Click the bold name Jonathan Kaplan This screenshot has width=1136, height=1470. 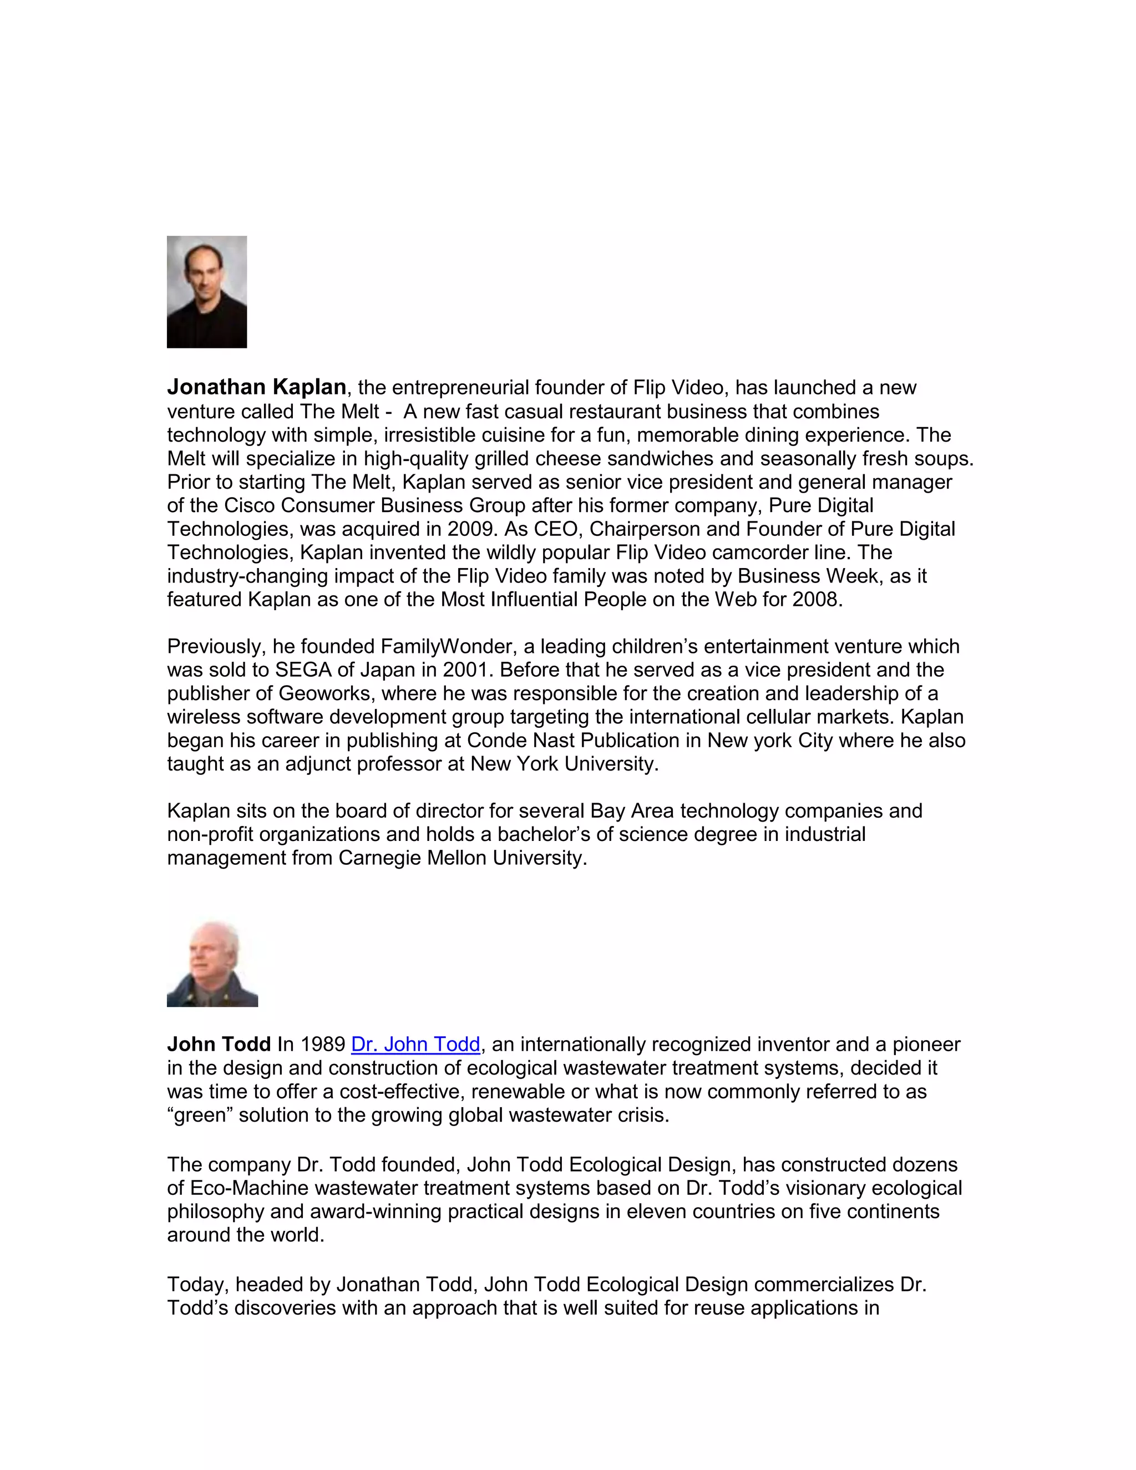[x=256, y=387]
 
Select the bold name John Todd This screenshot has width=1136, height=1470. [x=219, y=1044]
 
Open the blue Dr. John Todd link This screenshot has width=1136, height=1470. [x=415, y=1044]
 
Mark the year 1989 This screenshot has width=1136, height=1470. [x=323, y=1044]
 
